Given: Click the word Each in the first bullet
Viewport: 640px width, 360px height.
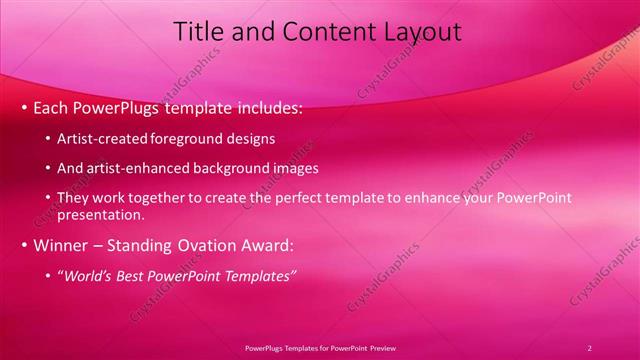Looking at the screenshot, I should click(51, 108).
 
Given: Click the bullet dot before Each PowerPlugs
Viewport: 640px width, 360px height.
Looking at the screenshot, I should click(24, 108).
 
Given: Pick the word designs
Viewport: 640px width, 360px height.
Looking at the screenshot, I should click(249, 139).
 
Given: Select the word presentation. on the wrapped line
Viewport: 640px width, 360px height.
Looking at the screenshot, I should click(101, 214).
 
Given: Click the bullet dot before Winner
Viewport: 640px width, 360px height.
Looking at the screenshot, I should click(24, 245).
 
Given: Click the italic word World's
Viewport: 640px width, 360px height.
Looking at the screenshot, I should click(88, 276).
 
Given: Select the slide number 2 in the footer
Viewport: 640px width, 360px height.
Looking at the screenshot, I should click(589, 347).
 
